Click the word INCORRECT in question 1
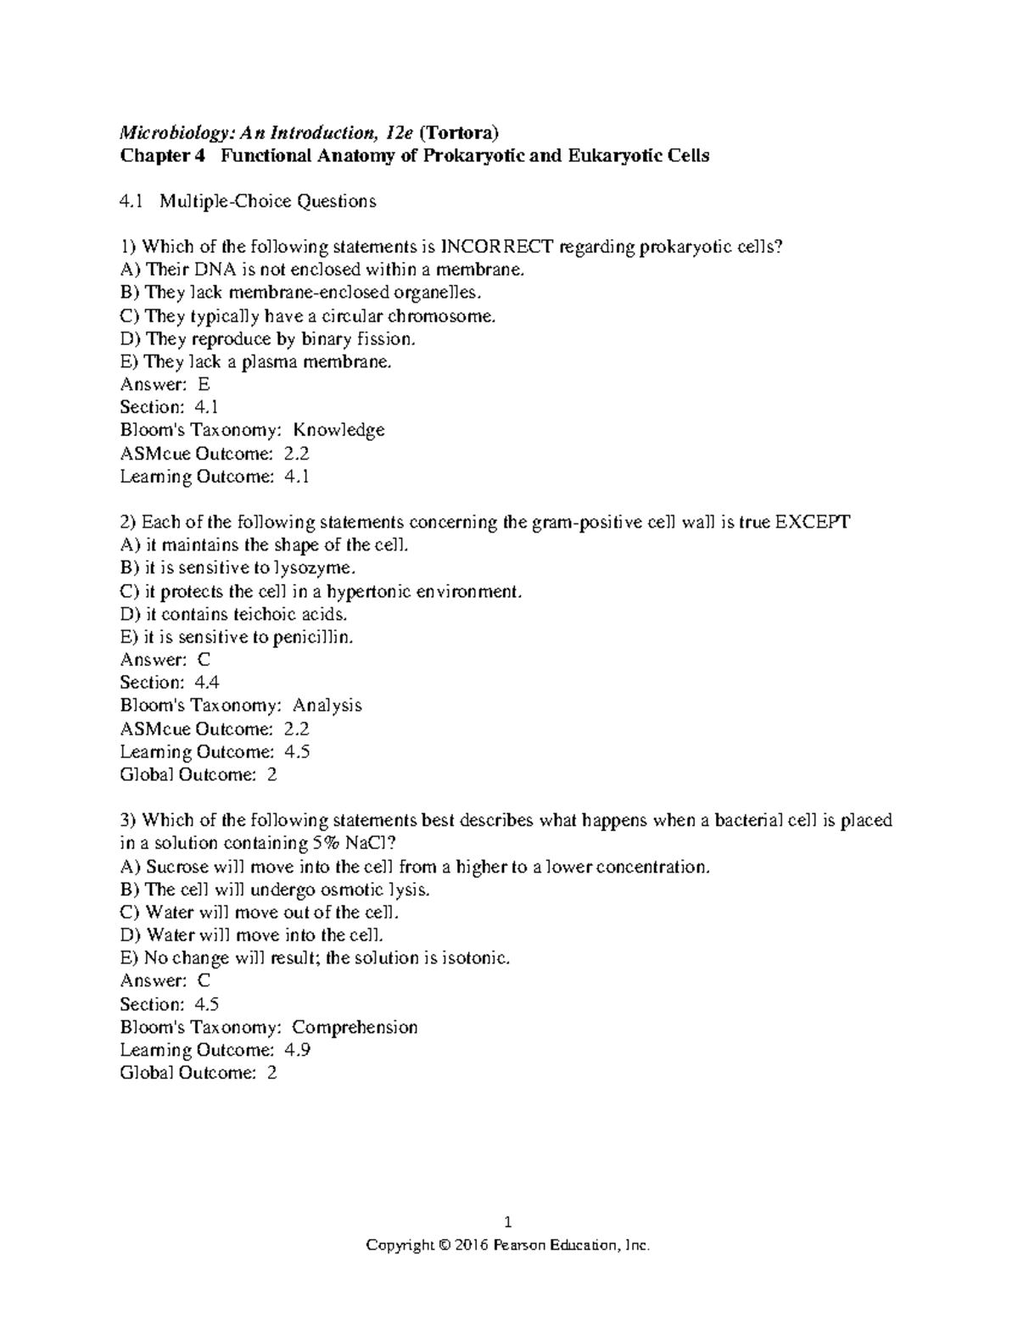click(x=496, y=247)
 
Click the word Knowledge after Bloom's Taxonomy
click(x=344, y=430)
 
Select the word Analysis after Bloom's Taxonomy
click(x=327, y=706)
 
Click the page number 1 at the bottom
click(x=508, y=1222)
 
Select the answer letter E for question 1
click(x=203, y=384)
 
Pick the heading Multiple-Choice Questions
click(x=268, y=201)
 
